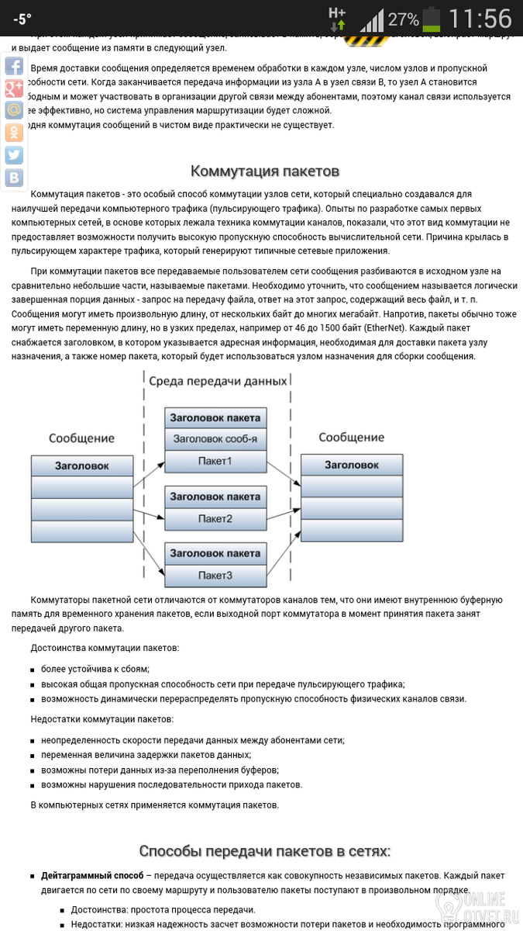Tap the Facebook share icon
(14, 66)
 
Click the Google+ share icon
(14, 88)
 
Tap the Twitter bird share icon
(14, 155)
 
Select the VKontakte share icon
(14, 178)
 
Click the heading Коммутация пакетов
(265, 171)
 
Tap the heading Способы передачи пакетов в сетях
(265, 850)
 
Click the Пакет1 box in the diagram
(215, 462)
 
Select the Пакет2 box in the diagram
(215, 518)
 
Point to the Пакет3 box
(215, 575)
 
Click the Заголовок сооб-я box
(215, 439)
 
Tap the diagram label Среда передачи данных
(218, 381)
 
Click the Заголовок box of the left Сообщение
(81, 466)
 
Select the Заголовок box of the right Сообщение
(351, 465)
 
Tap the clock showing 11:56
(480, 18)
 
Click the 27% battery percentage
(403, 19)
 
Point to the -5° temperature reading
(22, 19)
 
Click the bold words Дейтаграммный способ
(92, 875)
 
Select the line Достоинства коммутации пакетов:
(105, 647)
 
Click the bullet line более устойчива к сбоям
(95, 668)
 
